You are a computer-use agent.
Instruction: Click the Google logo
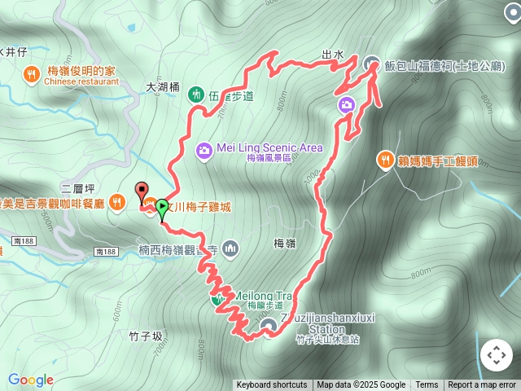tap(31, 380)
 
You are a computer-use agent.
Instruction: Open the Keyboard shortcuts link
tap(271, 385)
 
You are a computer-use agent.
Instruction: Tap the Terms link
tap(427, 385)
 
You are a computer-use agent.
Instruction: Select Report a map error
tap(483, 385)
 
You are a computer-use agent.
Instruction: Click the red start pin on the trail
tap(142, 192)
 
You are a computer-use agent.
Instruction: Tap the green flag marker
tap(162, 209)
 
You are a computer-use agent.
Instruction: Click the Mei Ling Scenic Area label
tap(270, 147)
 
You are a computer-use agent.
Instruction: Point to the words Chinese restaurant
tap(81, 81)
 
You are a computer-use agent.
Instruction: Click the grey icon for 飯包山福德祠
tap(372, 63)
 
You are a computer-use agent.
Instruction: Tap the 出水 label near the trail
tap(333, 55)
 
